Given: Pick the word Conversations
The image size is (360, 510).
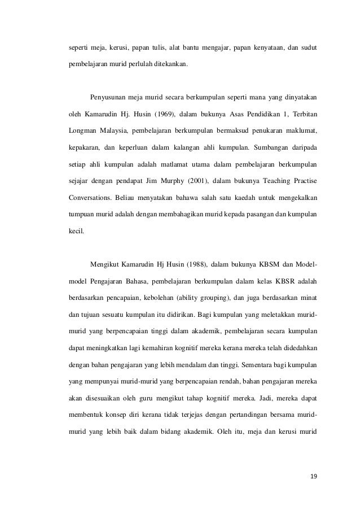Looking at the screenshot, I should pos(85,200).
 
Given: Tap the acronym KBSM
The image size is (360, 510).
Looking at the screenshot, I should pos(273,265).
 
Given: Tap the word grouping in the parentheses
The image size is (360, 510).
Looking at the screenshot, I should pos(210,299).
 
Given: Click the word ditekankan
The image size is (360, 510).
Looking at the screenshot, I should pos(171,64).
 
